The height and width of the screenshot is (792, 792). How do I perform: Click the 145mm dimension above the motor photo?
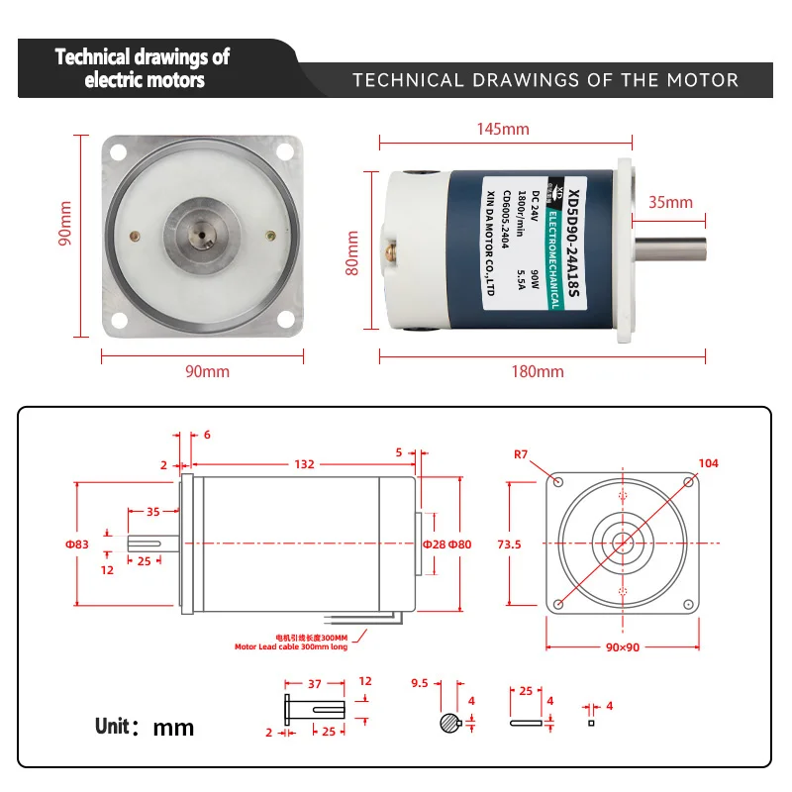coord(502,129)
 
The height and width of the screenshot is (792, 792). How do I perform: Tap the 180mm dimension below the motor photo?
coord(538,371)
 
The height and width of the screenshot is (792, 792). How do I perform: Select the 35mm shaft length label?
coord(670,202)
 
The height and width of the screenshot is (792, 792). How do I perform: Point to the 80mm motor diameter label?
coord(351,254)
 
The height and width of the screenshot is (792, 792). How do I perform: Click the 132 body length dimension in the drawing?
coord(304,463)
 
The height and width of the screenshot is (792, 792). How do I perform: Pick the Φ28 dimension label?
coord(434,544)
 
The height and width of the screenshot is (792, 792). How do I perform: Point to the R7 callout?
coord(522,456)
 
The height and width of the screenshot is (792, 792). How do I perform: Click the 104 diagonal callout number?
coord(708,462)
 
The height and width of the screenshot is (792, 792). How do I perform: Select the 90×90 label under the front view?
coord(623,645)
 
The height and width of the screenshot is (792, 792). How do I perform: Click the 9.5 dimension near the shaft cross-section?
coord(419,682)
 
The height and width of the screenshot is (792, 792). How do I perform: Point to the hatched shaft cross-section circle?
coord(449,724)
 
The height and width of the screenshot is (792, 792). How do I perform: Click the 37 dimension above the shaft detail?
coord(314,682)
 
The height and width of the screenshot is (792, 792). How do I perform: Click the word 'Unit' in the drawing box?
coord(113,726)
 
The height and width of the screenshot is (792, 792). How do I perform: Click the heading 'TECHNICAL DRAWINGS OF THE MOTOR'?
coord(545,80)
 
